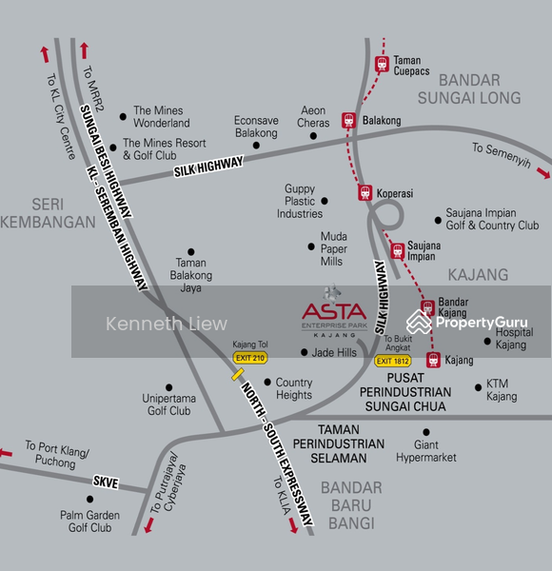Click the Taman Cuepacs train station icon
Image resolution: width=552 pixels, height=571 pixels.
(x=382, y=64)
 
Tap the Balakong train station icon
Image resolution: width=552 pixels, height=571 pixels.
(x=349, y=121)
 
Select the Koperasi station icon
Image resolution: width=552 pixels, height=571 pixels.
(x=365, y=192)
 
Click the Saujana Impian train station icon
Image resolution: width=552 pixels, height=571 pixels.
(x=398, y=251)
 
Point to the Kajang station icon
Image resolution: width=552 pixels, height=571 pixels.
(x=434, y=360)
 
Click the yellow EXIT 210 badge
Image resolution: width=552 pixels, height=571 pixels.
(x=250, y=357)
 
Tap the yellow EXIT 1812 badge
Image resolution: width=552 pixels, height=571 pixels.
(x=394, y=361)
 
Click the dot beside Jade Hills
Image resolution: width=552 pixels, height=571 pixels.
(x=304, y=352)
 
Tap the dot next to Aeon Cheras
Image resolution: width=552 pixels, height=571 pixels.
(x=314, y=135)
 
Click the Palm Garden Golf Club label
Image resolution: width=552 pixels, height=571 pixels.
(x=89, y=522)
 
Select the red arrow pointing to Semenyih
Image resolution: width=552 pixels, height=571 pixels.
(x=543, y=172)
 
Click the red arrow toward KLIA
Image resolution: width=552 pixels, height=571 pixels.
(x=293, y=525)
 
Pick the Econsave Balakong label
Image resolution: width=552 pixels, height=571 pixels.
(x=256, y=127)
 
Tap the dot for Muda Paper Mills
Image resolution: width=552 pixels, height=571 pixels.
(x=310, y=247)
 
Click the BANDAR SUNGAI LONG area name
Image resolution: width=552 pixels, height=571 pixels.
(x=466, y=88)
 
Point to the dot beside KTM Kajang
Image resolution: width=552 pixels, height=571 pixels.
(x=479, y=387)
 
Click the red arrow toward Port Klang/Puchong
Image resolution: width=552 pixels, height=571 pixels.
(x=9, y=452)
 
